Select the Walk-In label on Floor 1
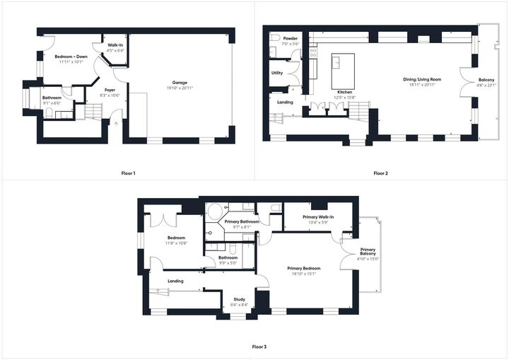click(116, 45)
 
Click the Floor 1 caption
click(128, 173)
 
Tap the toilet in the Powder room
click(274, 51)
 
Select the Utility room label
click(277, 73)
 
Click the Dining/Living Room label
click(422, 79)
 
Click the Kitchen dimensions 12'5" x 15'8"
click(345, 98)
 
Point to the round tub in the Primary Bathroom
click(214, 211)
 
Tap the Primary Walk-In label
click(318, 216)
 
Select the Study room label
click(240, 299)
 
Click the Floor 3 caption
click(259, 347)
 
